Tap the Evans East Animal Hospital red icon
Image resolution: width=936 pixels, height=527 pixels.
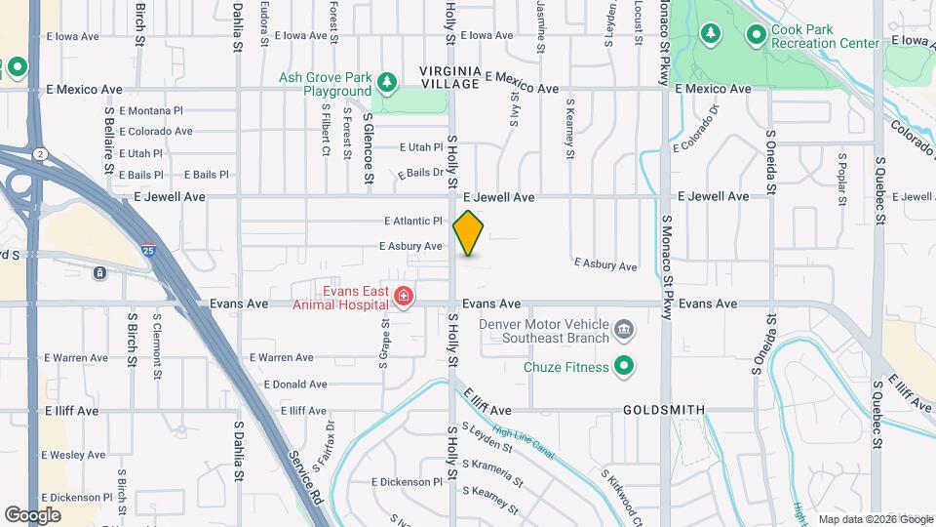pyautogui.click(x=403, y=296)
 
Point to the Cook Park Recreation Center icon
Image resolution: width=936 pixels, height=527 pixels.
pyautogui.click(x=756, y=35)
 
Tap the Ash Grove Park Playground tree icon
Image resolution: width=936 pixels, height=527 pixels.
pyautogui.click(x=387, y=84)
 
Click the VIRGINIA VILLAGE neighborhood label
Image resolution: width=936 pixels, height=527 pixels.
pyautogui.click(x=450, y=77)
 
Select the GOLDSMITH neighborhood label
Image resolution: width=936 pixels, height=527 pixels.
pyautogui.click(x=663, y=411)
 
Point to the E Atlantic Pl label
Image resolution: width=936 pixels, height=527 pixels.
pyautogui.click(x=413, y=221)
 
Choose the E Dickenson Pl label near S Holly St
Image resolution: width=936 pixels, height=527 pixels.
pyautogui.click(x=407, y=482)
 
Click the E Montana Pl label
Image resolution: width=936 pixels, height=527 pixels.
pyautogui.click(x=151, y=110)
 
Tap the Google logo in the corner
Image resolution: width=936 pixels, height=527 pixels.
pyautogui.click(x=33, y=514)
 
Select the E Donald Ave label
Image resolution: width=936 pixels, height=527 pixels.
pyautogui.click(x=281, y=385)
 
